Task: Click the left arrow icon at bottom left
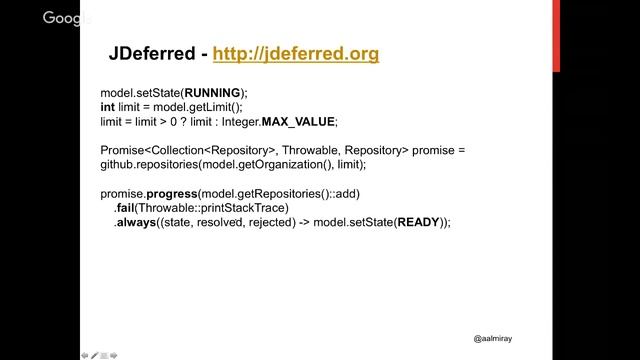84,354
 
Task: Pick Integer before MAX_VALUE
239,121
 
